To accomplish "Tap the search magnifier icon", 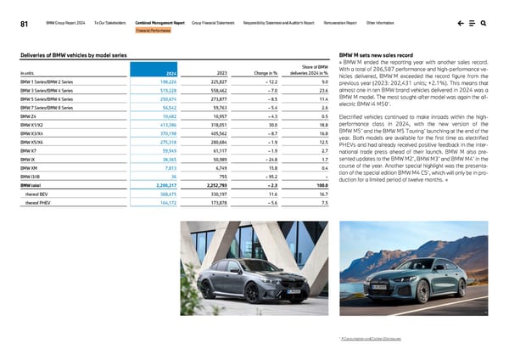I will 483,23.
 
